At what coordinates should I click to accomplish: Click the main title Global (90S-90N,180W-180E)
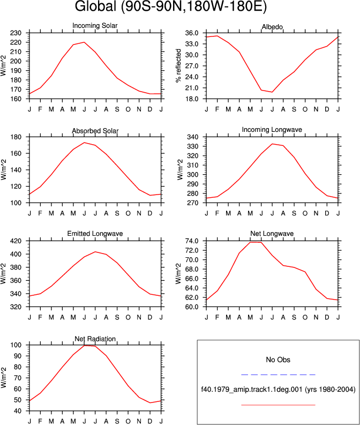click(x=171, y=6)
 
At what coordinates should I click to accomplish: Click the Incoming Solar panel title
click(x=95, y=26)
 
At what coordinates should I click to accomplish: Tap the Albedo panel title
click(x=272, y=27)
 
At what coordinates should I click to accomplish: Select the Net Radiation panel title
click(x=95, y=339)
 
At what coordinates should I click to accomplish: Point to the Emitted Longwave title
click(x=95, y=234)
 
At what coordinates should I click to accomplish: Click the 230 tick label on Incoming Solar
click(x=16, y=33)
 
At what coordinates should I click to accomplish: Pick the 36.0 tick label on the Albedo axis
click(x=192, y=33)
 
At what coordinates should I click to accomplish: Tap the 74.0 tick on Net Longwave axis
click(x=192, y=241)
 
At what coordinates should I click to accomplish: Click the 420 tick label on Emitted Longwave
click(x=16, y=241)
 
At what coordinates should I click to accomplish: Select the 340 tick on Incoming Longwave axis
click(x=193, y=137)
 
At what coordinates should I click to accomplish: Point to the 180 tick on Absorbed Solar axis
click(x=16, y=137)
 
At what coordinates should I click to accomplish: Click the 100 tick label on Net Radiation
click(x=16, y=345)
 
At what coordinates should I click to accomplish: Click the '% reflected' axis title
click(x=178, y=65)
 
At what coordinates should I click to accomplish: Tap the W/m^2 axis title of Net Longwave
click(x=178, y=274)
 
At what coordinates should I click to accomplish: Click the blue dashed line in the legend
click(x=278, y=375)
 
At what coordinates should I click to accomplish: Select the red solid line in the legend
click(x=278, y=405)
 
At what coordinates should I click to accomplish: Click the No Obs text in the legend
click(x=278, y=360)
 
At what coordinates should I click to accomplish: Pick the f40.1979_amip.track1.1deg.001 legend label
click(x=252, y=390)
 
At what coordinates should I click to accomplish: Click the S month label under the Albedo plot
click(x=294, y=109)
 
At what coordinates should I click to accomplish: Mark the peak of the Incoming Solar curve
click(x=84, y=42)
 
